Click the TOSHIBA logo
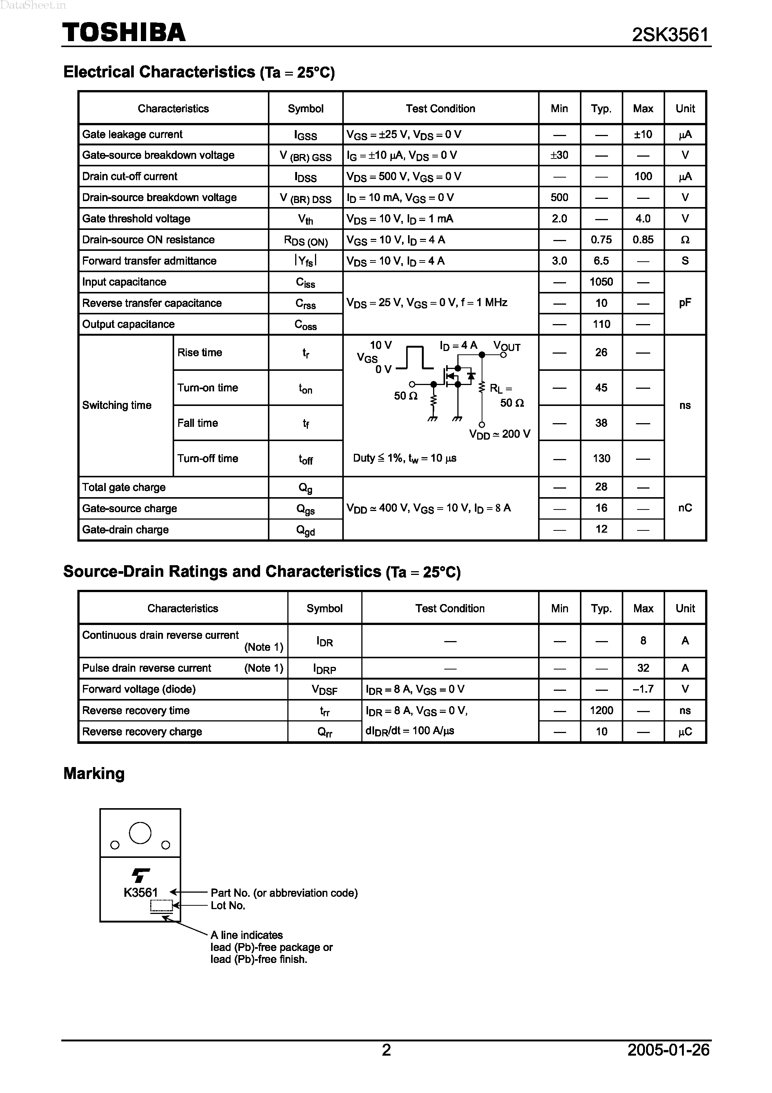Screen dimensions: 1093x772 point(124,33)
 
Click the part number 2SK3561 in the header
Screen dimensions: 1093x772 point(670,35)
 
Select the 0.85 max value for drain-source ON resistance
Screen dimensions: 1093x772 point(643,240)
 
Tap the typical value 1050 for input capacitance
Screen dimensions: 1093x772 point(601,282)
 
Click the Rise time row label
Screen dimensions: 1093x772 point(200,352)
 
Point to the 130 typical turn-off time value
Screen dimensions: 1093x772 point(601,458)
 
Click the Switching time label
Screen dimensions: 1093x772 point(117,405)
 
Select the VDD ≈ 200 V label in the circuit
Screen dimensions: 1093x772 point(499,434)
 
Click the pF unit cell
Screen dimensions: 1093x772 point(685,303)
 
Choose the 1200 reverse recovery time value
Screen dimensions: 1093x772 point(601,710)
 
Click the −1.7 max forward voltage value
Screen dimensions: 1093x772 point(643,689)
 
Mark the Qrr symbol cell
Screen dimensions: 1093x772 point(325,732)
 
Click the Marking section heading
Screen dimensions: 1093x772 point(94,773)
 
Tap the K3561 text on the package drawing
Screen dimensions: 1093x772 point(140,893)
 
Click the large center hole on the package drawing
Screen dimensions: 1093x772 point(140,833)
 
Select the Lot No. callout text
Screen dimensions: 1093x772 point(228,905)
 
